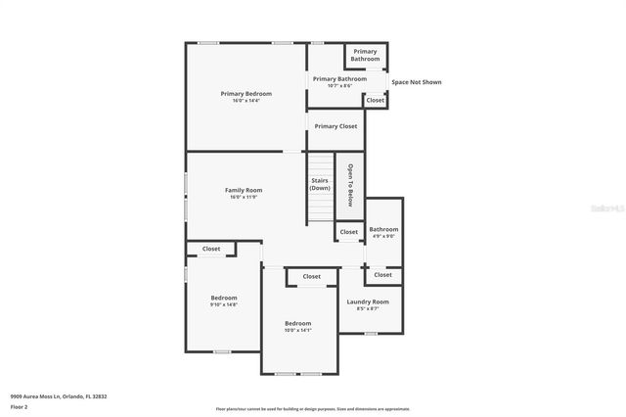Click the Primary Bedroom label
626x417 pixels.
246,93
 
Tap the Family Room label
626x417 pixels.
244,190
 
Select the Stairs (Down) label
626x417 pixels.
320,184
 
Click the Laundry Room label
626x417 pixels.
368,301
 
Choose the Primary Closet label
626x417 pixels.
335,126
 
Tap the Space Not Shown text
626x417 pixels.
417,82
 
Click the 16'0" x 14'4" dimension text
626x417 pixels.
246,100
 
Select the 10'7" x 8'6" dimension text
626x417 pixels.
339,85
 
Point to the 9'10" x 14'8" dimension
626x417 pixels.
224,304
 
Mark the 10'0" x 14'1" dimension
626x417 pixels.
298,330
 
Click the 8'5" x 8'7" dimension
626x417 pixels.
368,308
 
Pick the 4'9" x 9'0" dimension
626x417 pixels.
383,236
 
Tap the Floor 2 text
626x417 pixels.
19,405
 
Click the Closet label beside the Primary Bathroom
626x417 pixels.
376,100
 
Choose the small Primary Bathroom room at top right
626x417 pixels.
365,55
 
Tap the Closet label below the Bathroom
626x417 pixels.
381,276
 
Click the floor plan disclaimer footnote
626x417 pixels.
313,409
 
